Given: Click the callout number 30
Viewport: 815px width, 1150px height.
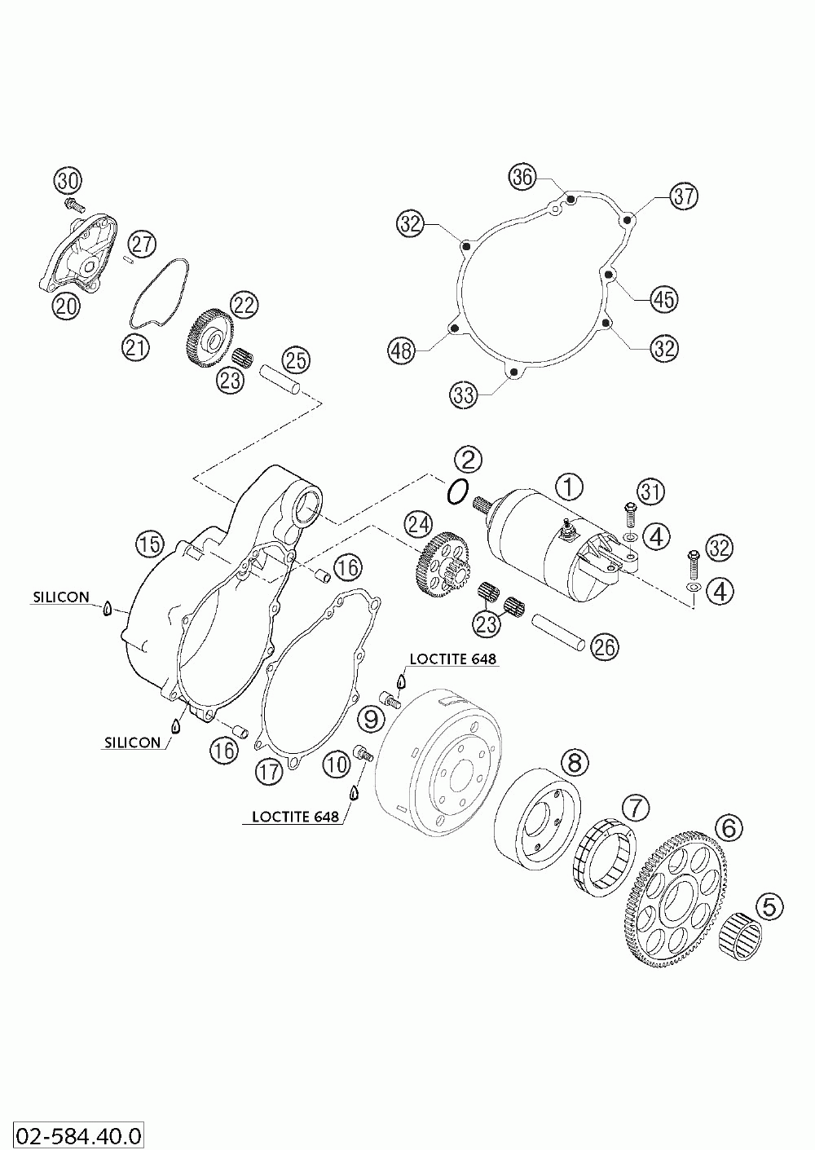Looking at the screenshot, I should click(x=69, y=180).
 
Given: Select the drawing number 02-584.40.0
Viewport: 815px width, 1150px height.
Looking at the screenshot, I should click(x=73, y=1134).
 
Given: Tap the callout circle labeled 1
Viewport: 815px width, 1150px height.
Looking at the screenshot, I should click(x=570, y=487).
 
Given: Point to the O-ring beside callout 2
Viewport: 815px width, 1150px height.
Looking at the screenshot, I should click(x=458, y=491).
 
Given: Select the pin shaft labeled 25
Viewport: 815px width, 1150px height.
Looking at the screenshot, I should click(x=282, y=381).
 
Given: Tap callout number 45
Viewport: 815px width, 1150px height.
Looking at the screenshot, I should click(x=663, y=300).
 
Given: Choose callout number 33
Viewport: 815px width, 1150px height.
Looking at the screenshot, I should click(x=464, y=396).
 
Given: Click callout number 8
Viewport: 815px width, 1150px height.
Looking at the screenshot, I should click(x=574, y=763).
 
